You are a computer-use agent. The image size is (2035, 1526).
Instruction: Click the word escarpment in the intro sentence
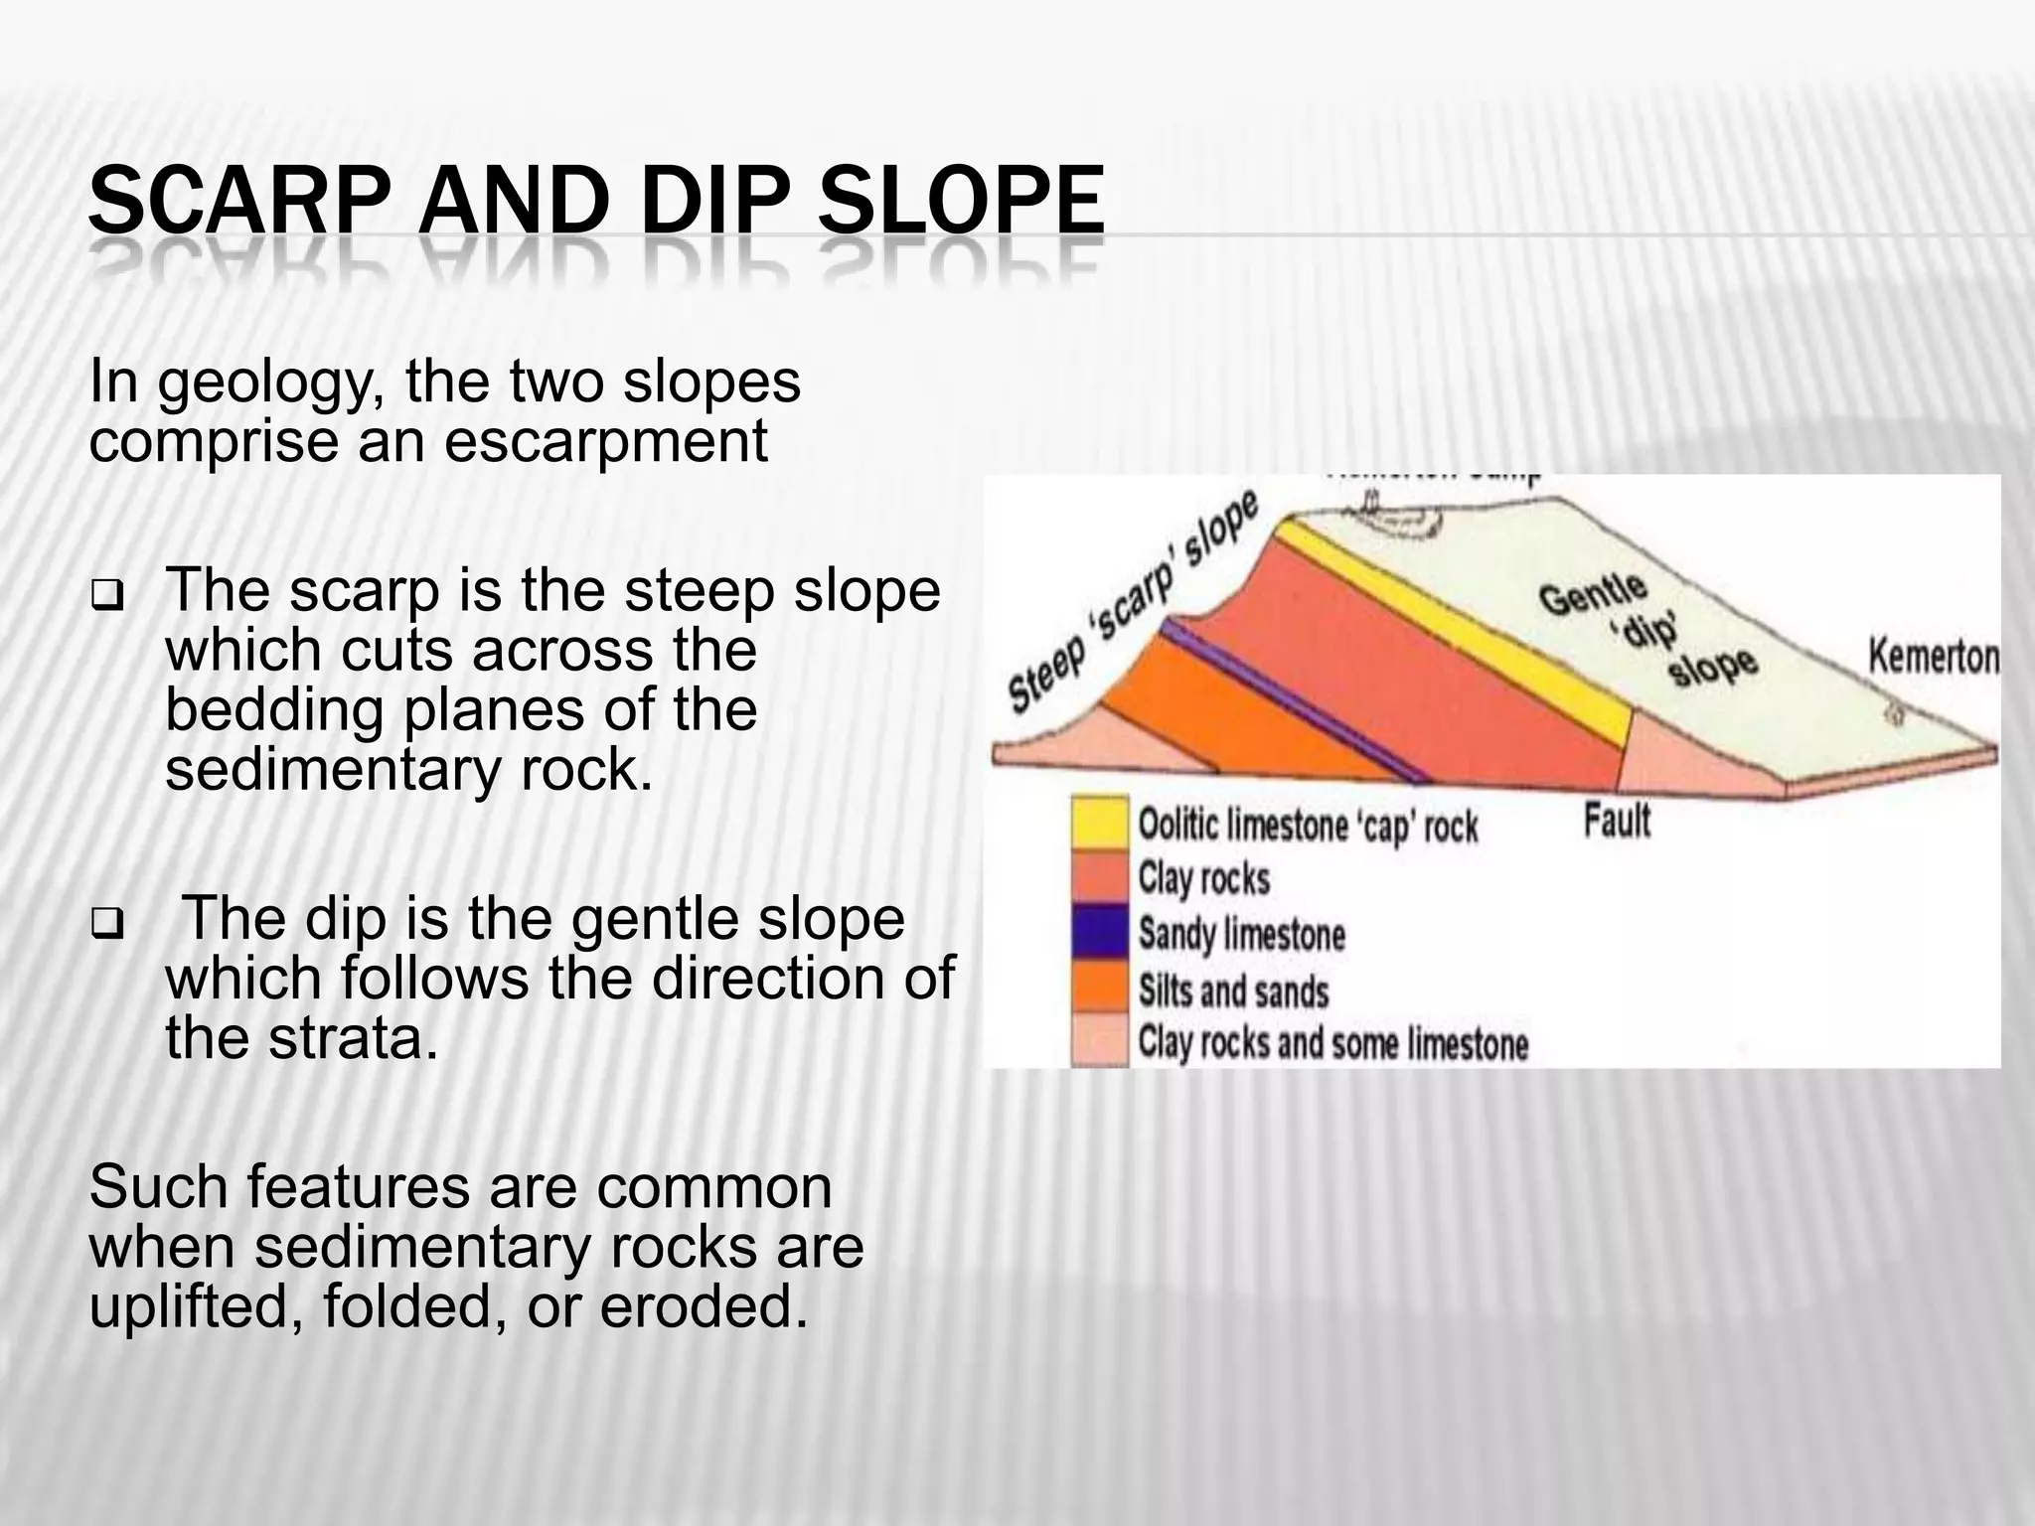pyautogui.click(x=605, y=441)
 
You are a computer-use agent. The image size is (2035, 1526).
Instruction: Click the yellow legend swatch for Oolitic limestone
pyautogui.click(x=1100, y=824)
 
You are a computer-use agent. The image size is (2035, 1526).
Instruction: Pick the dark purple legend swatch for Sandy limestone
pyautogui.click(x=1100, y=932)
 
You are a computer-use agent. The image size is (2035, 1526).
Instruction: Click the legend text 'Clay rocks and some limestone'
pyautogui.click(x=1332, y=1044)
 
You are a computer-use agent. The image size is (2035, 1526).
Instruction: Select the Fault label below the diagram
pyautogui.click(x=1617, y=822)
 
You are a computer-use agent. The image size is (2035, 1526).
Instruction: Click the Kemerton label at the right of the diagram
pyautogui.click(x=1933, y=658)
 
